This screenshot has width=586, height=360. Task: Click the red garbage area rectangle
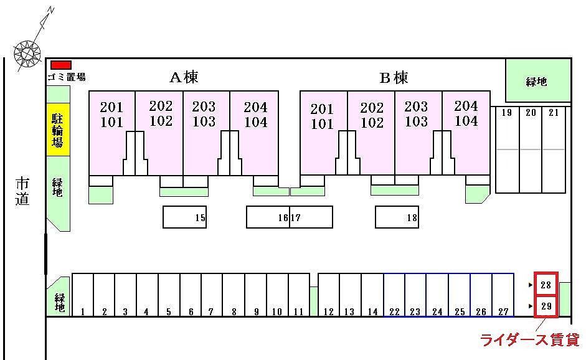[60, 65]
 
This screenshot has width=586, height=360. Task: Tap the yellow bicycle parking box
[57, 130]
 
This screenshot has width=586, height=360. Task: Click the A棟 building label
[184, 77]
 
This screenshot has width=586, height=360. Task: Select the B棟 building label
[394, 78]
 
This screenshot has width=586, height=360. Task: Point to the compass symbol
[28, 52]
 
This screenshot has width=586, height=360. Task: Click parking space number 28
[546, 285]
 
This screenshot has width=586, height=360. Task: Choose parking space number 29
[546, 306]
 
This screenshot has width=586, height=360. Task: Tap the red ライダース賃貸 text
[529, 340]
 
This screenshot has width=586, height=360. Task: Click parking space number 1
[82, 295]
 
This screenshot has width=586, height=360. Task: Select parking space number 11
[298, 295]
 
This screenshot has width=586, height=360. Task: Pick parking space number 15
[184, 217]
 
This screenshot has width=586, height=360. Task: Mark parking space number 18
[397, 217]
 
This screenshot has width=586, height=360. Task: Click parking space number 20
[531, 149]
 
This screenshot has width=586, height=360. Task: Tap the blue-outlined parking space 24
[437, 295]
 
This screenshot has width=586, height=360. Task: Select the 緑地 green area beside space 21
[537, 81]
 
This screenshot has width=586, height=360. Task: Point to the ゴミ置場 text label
[66, 77]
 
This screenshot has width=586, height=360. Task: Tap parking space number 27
[503, 295]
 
